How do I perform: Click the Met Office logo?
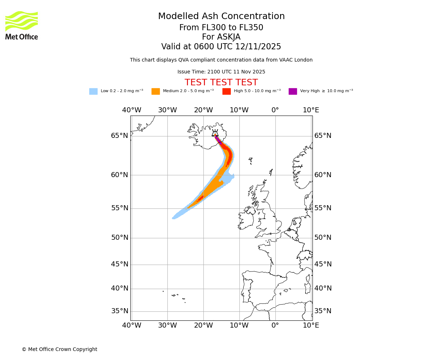pyautogui.click(x=22, y=25)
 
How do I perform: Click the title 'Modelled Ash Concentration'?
pyautogui.click(x=221, y=17)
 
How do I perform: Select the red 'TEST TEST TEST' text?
pyautogui.click(x=221, y=82)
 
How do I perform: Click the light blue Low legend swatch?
pyautogui.click(x=93, y=91)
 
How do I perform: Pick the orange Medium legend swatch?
pyautogui.click(x=156, y=91)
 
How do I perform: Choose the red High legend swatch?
pyautogui.click(x=226, y=91)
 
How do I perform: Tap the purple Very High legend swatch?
pyautogui.click(x=293, y=91)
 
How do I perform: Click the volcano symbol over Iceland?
pyautogui.click(x=215, y=133)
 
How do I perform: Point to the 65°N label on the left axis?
pyautogui.click(x=120, y=136)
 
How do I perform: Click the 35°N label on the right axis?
pyautogui.click(x=323, y=311)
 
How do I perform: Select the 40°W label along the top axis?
pyautogui.click(x=131, y=110)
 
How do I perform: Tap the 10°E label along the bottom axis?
pyautogui.click(x=311, y=325)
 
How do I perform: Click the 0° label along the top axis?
pyautogui.click(x=275, y=110)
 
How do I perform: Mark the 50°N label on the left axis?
pyautogui.click(x=120, y=238)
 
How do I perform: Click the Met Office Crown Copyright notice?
pyautogui.click(x=59, y=349)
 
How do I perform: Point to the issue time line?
pyautogui.click(x=221, y=72)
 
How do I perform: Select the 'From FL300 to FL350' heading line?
pyautogui.click(x=221, y=28)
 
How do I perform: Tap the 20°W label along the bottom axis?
pyautogui.click(x=203, y=325)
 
